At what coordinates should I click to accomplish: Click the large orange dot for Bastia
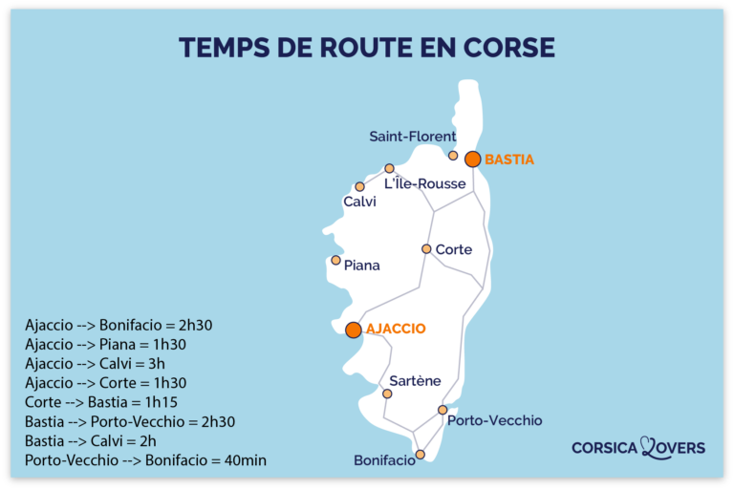(472, 160)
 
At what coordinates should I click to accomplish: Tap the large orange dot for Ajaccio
(353, 330)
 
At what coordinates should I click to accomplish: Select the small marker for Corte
(426, 249)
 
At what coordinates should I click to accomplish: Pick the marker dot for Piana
(335, 260)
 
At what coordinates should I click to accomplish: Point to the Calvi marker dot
(359, 187)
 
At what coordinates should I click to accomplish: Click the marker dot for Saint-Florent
(453, 155)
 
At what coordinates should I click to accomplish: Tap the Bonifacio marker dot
(420, 455)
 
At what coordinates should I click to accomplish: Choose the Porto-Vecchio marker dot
(443, 410)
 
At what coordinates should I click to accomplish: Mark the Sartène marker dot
(387, 394)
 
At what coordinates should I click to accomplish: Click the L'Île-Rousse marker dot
(389, 168)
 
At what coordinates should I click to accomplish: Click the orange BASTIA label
(509, 160)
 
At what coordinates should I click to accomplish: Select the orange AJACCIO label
(396, 329)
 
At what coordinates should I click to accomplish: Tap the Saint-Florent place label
(413, 137)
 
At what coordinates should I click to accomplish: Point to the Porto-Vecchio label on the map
(494, 420)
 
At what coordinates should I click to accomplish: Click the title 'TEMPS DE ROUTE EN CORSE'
(366, 48)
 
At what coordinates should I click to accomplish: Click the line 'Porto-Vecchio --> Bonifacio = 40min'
(145, 460)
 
